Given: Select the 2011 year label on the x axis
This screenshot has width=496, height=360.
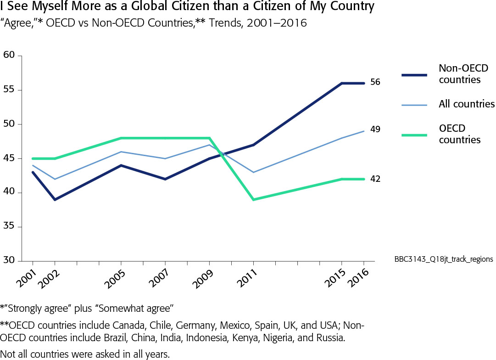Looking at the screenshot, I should click(x=248, y=274).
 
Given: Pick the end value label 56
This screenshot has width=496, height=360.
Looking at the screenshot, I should click(x=375, y=82).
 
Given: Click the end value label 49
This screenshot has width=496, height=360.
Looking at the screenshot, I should click(x=375, y=129).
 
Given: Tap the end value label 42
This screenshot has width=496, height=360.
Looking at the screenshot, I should click(x=375, y=179).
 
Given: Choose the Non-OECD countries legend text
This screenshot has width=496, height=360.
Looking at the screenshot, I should click(x=463, y=74).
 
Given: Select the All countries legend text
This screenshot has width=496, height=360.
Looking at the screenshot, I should click(x=467, y=104).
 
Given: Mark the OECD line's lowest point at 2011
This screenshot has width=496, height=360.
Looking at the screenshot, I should click(x=253, y=200).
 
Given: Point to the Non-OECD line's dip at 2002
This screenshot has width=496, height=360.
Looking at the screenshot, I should click(x=55, y=200).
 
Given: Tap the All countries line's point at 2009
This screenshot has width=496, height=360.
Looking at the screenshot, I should click(x=209, y=145).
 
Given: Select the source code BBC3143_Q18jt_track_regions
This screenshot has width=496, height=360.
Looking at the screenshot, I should click(x=444, y=259).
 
